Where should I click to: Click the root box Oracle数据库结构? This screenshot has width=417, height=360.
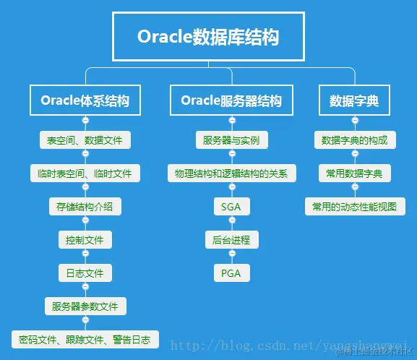(208, 36)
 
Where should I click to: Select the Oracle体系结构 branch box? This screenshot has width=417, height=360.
(85, 100)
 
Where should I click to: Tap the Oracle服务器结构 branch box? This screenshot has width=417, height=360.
(231, 100)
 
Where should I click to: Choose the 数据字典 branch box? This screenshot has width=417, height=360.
(354, 100)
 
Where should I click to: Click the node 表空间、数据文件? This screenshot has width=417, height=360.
(85, 140)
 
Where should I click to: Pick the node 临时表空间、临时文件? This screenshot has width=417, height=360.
(85, 173)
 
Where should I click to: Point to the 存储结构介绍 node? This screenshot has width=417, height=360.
(85, 207)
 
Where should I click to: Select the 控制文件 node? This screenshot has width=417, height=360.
(85, 239)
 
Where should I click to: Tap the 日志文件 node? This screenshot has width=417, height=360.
(85, 273)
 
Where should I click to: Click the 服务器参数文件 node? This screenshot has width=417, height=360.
(85, 306)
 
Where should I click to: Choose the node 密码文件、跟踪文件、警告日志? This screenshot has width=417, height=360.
(85, 339)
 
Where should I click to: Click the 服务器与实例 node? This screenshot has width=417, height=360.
(231, 140)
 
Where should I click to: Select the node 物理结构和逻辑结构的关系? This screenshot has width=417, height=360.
(231, 173)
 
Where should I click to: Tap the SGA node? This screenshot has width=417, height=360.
(231, 207)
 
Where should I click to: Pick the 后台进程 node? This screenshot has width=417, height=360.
(231, 239)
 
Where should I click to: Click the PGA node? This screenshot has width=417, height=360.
(231, 273)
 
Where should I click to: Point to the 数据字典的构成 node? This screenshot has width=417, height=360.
(354, 140)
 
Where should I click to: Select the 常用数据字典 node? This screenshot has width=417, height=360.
(354, 173)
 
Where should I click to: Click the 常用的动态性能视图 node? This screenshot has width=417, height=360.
(354, 207)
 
